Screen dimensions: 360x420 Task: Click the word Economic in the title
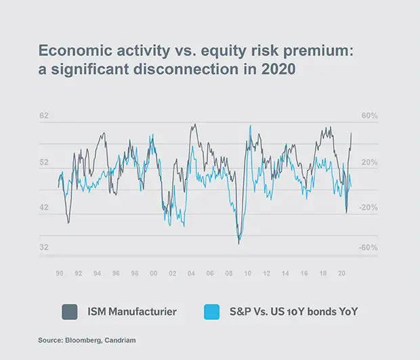click(71, 51)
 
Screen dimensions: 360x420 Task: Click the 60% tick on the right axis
click(369, 116)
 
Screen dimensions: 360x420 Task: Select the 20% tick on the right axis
click(369, 162)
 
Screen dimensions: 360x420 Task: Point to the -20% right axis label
click(368, 208)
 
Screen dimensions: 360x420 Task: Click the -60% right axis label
click(368, 248)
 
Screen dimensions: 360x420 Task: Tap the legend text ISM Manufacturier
click(133, 312)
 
